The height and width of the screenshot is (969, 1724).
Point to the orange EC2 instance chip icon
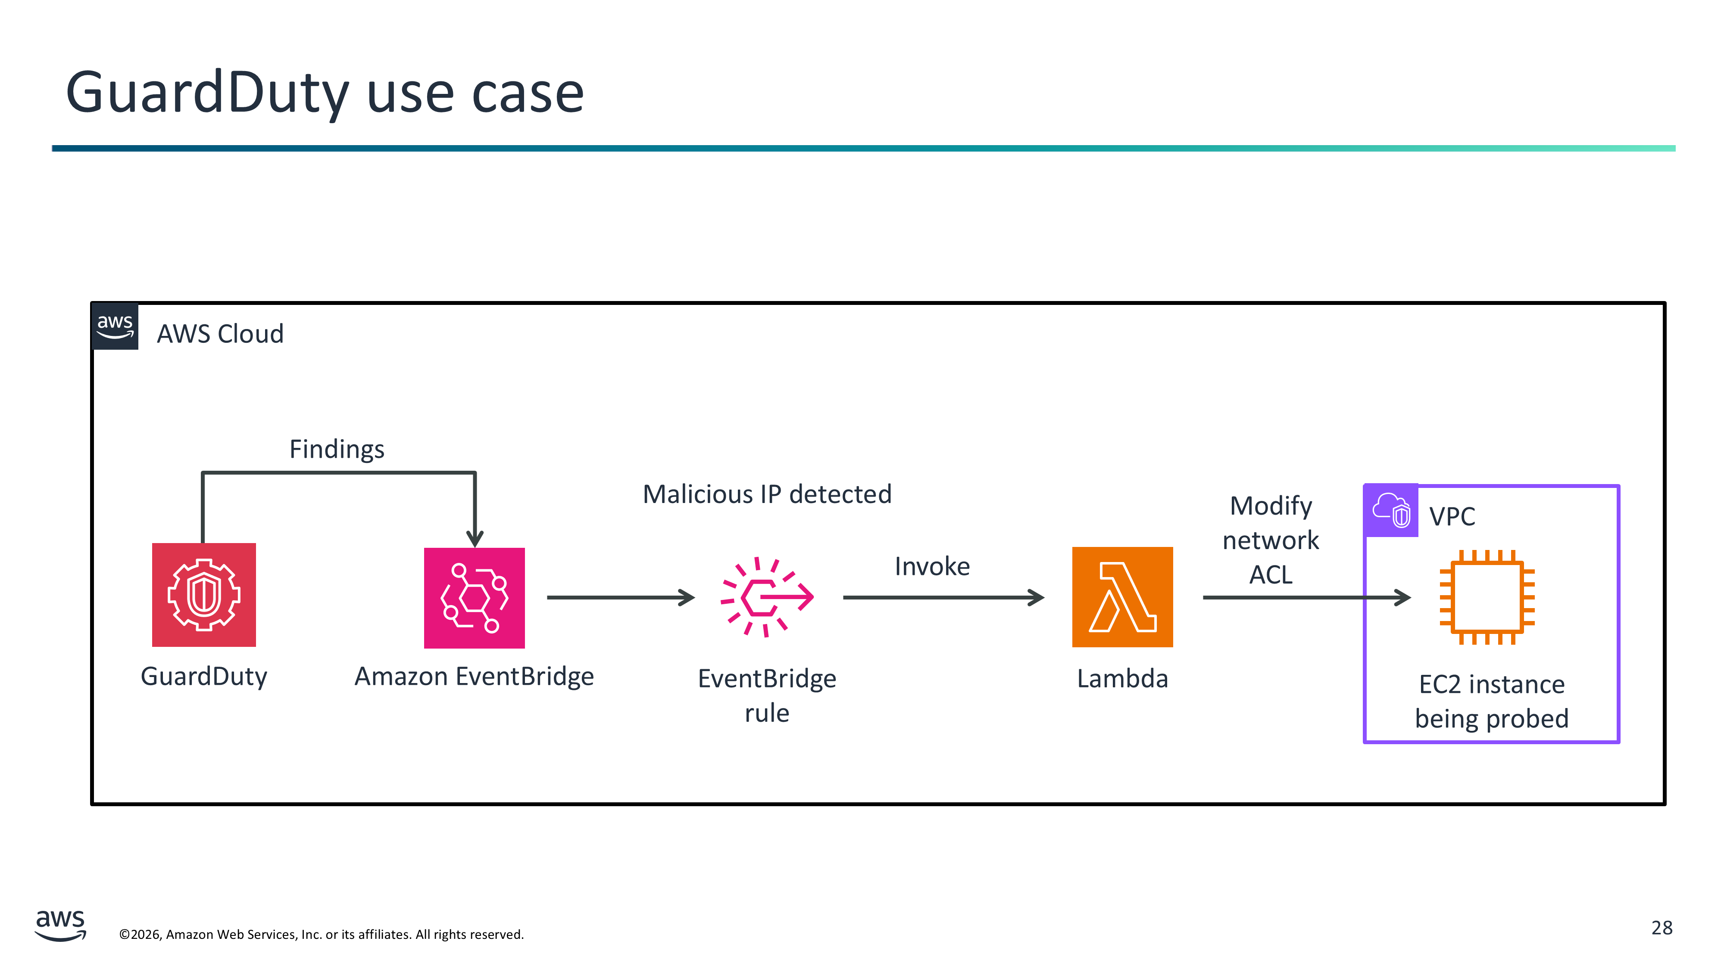point(1487,596)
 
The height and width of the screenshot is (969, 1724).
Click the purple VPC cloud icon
point(1391,510)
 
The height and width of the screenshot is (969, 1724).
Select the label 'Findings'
point(337,449)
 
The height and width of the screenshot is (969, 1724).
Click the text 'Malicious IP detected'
point(767,494)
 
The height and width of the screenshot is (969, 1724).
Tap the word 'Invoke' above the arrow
point(931,566)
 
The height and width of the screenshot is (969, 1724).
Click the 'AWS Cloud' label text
point(220,334)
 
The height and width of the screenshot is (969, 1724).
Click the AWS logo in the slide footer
point(60,925)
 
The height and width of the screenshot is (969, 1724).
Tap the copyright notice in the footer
point(321,934)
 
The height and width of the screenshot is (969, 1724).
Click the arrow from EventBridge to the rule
point(620,597)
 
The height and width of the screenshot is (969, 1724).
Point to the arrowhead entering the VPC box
point(1402,597)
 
